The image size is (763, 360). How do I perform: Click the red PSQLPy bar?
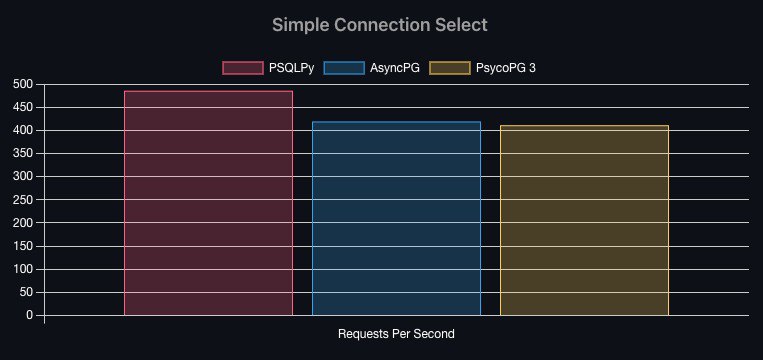(x=208, y=203)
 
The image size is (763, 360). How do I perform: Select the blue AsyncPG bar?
(x=396, y=218)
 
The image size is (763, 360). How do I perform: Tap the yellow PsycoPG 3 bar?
(x=584, y=220)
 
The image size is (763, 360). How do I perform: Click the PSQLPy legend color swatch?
(x=243, y=68)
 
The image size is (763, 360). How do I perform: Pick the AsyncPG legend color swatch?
(x=344, y=68)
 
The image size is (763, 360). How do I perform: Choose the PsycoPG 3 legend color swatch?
(x=450, y=68)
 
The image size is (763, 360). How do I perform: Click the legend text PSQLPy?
(x=291, y=68)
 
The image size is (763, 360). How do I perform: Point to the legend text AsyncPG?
(x=395, y=68)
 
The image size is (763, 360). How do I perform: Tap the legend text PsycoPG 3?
(x=506, y=68)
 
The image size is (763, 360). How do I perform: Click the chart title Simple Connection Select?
(x=380, y=24)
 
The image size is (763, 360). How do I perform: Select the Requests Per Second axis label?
(x=396, y=334)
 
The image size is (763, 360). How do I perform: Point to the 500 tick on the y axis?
(x=23, y=85)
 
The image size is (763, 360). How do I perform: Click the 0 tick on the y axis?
(x=29, y=316)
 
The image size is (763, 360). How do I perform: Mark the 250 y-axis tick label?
(x=23, y=200)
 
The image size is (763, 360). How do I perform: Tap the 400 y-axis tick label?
(x=23, y=131)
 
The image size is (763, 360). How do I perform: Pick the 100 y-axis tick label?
(x=23, y=270)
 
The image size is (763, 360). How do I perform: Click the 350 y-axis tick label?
(x=23, y=154)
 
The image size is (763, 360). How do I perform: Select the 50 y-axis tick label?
(x=26, y=292)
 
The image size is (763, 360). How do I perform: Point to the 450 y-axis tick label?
(x=23, y=108)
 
